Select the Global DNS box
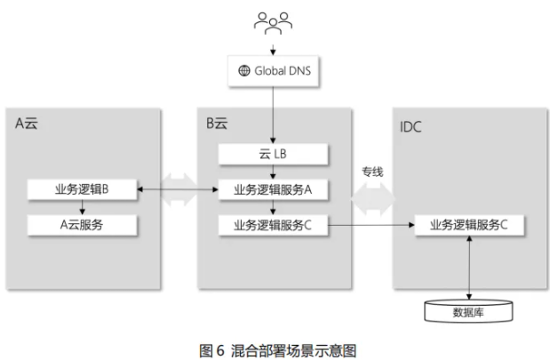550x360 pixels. (274, 70)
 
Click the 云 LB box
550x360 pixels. (273, 154)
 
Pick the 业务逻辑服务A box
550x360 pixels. (273, 188)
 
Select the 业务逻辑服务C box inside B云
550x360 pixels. (273, 224)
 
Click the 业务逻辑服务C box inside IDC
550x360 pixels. (468, 224)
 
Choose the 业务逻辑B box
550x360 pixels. (82, 188)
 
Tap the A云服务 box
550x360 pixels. (82, 224)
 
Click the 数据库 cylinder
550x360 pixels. (468, 310)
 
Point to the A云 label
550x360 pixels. (27, 124)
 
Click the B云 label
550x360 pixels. (217, 124)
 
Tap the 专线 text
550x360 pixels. (371, 172)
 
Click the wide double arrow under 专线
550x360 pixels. (371, 201)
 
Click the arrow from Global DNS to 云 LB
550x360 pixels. (273, 116)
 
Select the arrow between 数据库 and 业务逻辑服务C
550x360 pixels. (468, 267)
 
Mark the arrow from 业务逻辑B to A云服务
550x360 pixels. (82, 206)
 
